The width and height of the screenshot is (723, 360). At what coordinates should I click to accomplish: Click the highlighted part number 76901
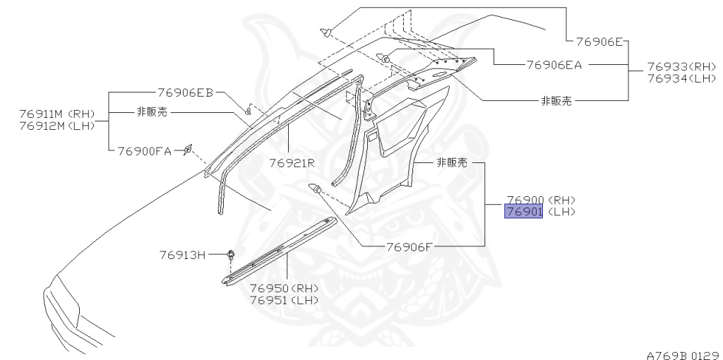(x=523, y=212)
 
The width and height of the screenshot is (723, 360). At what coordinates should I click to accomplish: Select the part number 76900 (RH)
(x=540, y=200)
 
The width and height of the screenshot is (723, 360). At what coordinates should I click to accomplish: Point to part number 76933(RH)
(x=681, y=66)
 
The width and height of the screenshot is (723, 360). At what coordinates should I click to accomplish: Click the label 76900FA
(x=144, y=150)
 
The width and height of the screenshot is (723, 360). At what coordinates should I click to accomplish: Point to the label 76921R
(x=291, y=163)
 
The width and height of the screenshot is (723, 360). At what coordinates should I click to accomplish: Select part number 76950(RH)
(x=284, y=288)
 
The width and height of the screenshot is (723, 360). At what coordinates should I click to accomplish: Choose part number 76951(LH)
(x=284, y=299)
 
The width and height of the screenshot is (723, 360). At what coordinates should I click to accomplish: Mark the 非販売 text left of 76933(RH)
(x=556, y=101)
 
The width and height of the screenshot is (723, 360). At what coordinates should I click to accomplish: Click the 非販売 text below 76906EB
(x=153, y=112)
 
